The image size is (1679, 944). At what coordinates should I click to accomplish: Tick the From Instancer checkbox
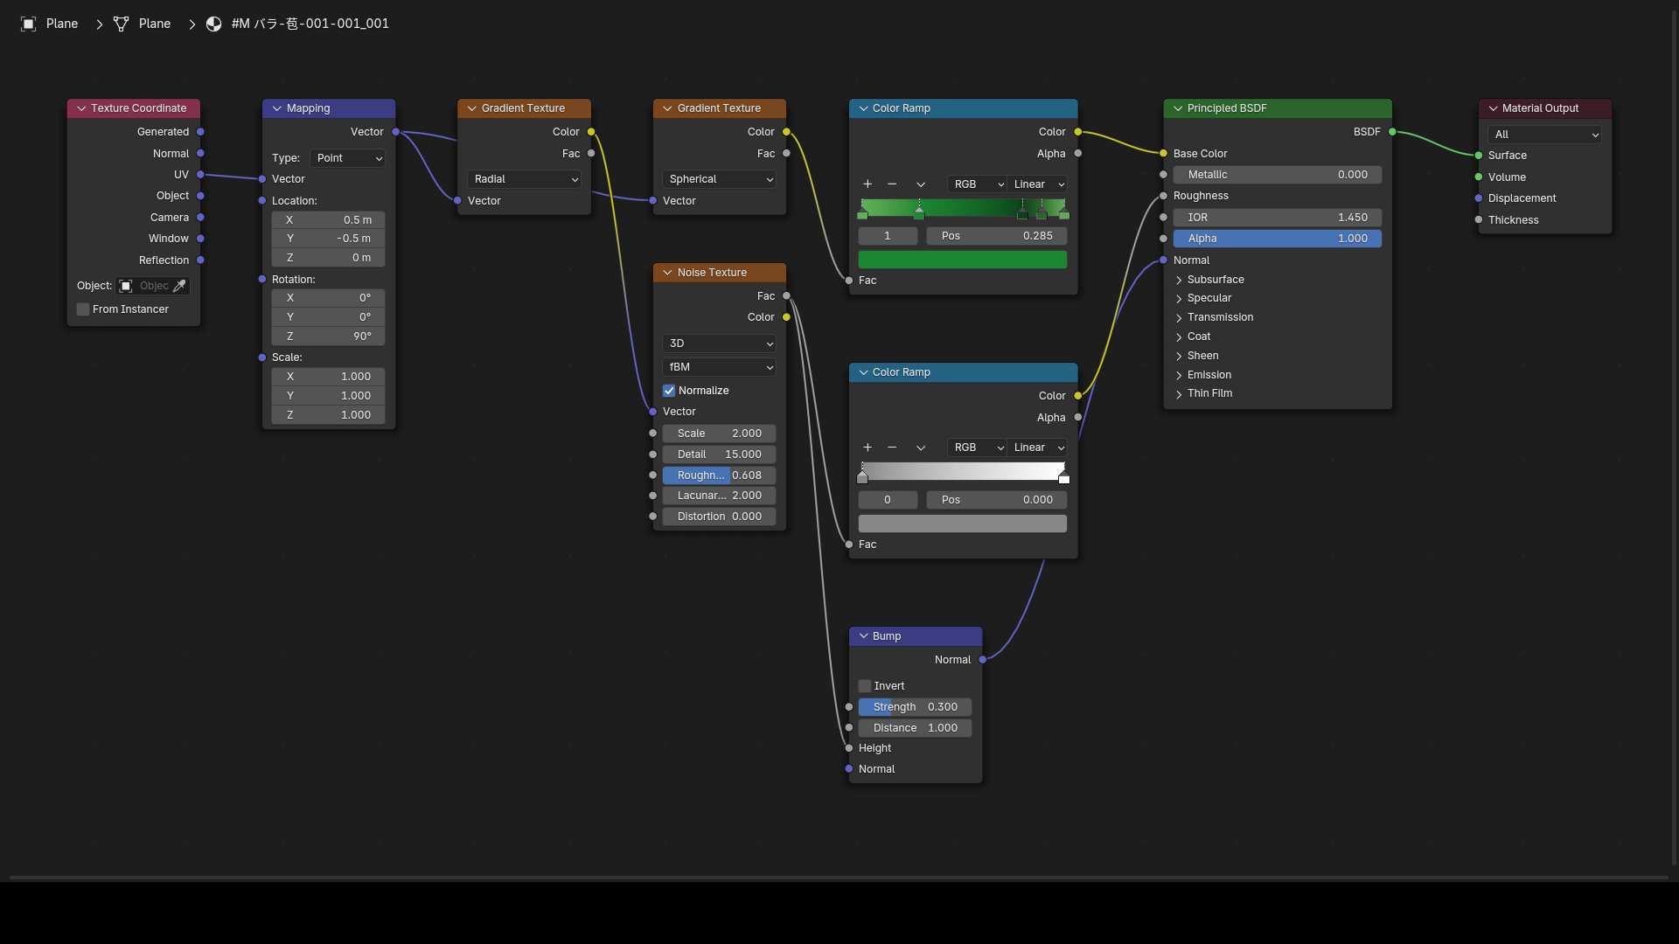click(83, 309)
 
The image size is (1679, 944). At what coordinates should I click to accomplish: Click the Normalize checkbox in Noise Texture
click(669, 391)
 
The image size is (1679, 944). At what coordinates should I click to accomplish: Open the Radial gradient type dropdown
click(524, 179)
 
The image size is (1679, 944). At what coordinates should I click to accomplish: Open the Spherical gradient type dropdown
click(720, 179)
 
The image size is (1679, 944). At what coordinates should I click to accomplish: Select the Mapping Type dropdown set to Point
click(347, 158)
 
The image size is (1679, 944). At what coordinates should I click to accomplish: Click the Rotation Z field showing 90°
click(328, 337)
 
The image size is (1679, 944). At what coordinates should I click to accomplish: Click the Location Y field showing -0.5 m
click(328, 239)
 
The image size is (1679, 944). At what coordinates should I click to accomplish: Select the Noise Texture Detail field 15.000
click(719, 455)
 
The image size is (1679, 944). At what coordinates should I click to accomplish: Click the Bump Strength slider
click(915, 707)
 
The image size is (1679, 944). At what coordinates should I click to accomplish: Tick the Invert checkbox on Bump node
click(865, 686)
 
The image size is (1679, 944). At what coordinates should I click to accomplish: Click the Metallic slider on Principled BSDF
click(1278, 175)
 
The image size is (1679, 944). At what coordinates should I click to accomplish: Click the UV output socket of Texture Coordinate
click(200, 175)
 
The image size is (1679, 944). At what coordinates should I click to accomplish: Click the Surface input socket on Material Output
click(1479, 156)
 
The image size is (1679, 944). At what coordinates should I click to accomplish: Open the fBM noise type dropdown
click(719, 367)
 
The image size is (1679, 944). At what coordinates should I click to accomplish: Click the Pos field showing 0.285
click(997, 236)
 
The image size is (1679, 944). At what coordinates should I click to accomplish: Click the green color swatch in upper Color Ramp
click(962, 260)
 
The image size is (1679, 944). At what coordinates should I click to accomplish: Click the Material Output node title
click(1540, 108)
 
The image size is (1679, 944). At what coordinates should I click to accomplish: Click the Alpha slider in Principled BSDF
click(1278, 239)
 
